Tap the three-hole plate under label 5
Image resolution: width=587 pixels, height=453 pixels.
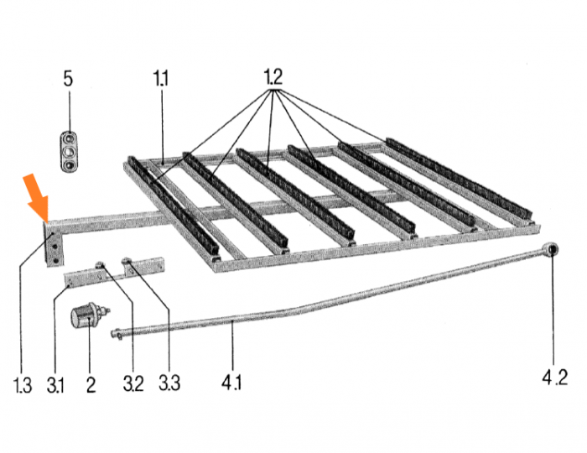(68, 149)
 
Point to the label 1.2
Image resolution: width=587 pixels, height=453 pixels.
(273, 77)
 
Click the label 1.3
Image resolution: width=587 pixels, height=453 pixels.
(23, 385)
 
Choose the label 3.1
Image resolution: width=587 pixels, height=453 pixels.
(56, 385)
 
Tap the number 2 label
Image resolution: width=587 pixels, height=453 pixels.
(91, 385)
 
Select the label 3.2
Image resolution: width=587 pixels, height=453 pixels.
(132, 385)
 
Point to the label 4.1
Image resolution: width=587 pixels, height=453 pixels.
(232, 385)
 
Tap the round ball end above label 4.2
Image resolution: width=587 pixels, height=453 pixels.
(552, 251)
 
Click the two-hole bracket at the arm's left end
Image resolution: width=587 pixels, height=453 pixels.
(53, 246)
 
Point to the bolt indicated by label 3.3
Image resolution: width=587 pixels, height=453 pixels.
(127, 261)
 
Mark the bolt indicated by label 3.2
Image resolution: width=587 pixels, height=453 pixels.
(100, 265)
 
